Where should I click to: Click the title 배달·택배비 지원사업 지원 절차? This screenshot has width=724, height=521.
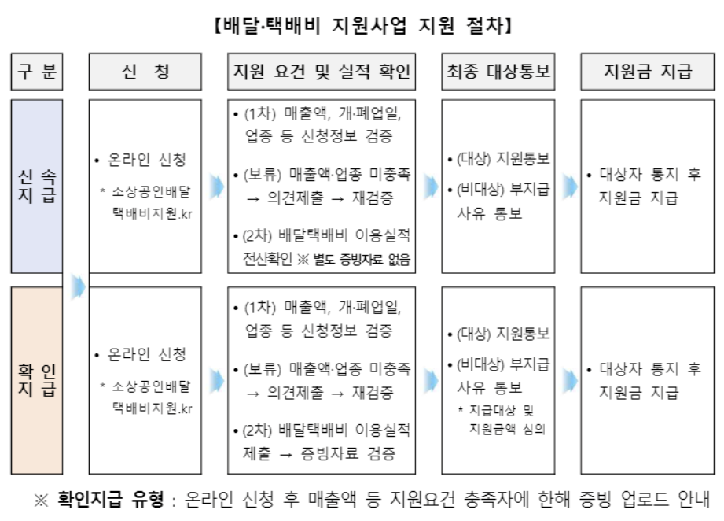click(362, 27)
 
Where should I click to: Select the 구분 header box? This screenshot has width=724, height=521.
click(36, 72)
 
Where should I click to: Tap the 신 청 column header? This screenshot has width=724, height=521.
click(145, 72)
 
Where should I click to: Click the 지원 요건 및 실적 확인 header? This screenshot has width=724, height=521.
click(322, 72)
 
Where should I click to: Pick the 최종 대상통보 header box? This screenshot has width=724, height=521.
click(498, 72)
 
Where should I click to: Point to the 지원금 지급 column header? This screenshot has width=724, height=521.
click(648, 72)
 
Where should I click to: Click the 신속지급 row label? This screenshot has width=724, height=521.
click(36, 187)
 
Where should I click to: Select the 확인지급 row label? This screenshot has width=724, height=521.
click(36, 380)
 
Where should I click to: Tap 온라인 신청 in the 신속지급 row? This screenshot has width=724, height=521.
click(147, 161)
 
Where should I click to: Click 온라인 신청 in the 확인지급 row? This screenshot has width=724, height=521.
click(147, 355)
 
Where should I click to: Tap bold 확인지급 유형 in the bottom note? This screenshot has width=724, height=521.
click(110, 500)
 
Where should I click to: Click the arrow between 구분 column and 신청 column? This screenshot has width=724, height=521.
click(77, 287)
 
